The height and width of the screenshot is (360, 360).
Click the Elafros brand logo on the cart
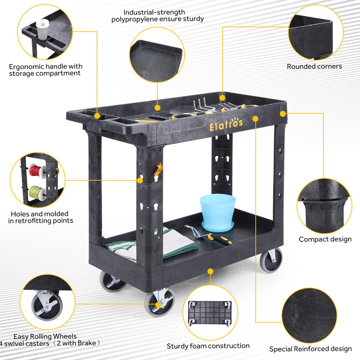226,124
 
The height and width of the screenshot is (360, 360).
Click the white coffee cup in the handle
42,29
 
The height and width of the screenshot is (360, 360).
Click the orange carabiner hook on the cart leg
159,169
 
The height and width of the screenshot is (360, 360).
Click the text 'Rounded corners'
314,66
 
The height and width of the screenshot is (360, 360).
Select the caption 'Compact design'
325,239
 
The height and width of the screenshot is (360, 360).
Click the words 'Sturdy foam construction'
208,346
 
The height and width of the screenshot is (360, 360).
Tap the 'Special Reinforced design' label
310,349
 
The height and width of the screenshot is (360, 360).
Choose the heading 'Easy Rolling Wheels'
45,337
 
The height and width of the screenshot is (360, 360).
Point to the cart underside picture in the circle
210,313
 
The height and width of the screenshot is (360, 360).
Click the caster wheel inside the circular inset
47,305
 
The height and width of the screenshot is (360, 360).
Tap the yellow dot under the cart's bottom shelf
210,271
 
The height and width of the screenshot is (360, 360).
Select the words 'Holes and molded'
39,214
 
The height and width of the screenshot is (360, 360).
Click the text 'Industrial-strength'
154,12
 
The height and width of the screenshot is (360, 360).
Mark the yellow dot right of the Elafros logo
255,119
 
